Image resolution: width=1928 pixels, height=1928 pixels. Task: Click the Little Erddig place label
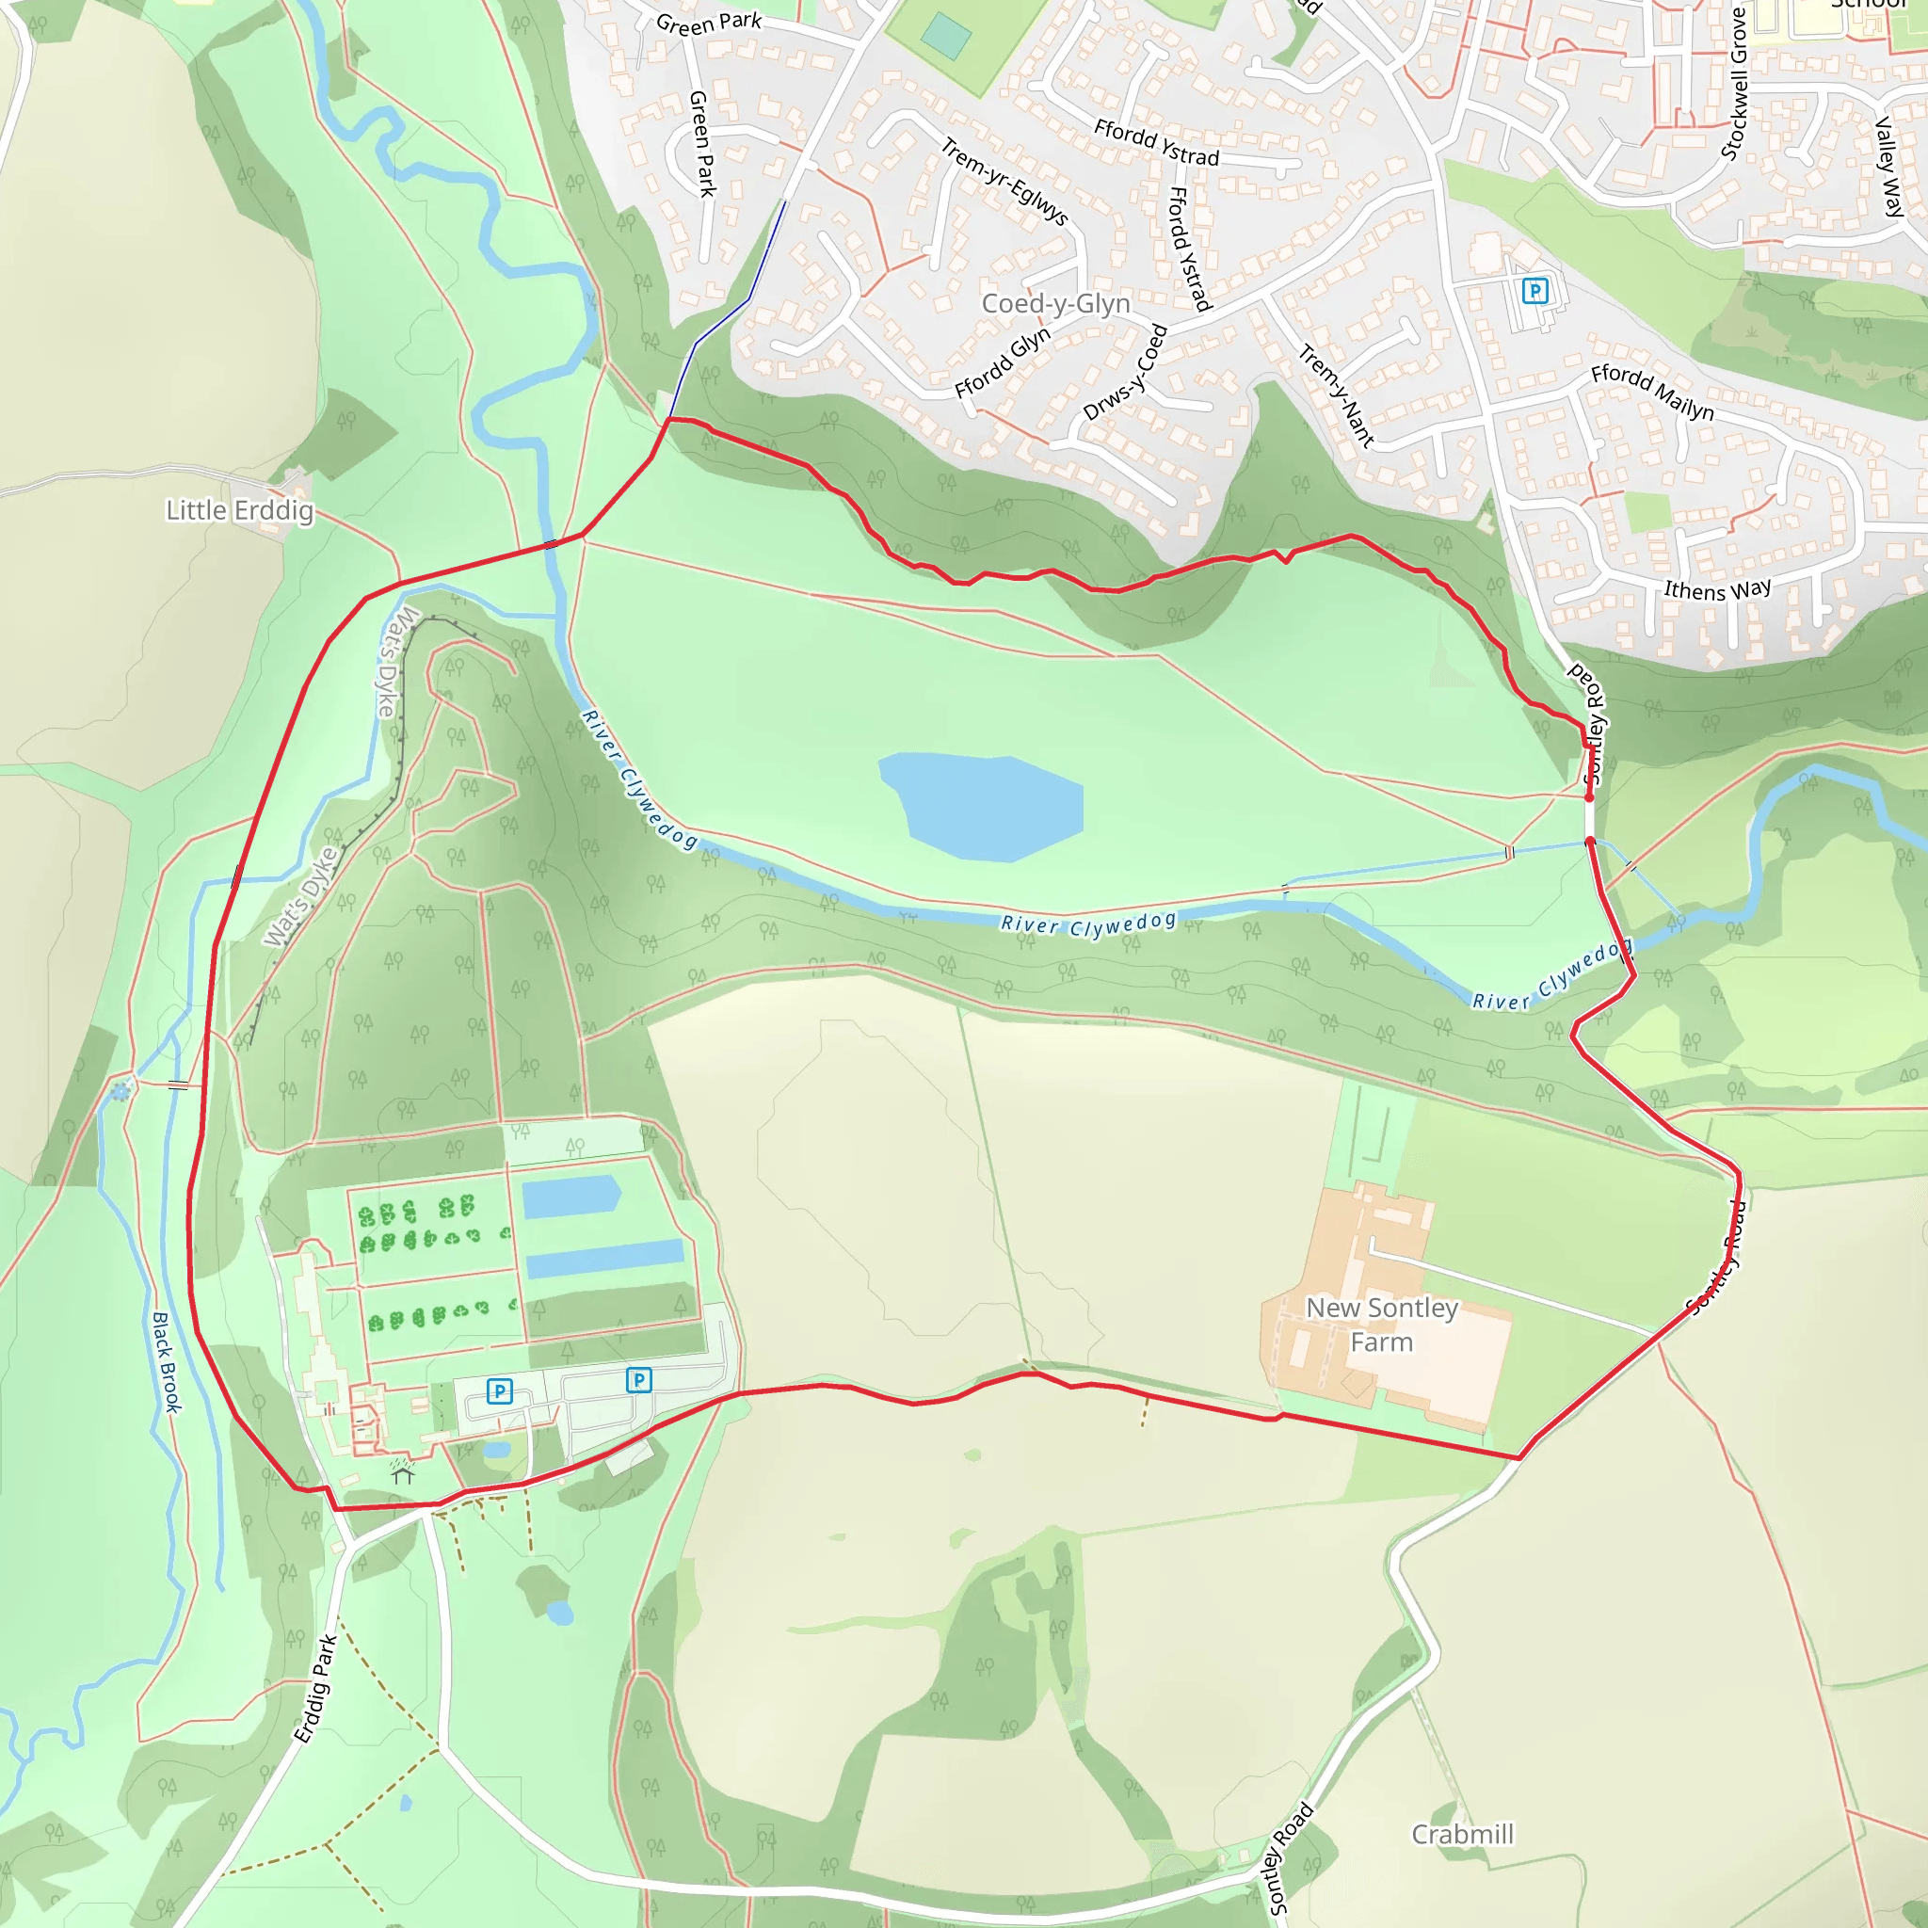click(239, 511)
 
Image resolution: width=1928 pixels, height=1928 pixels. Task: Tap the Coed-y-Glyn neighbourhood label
click(1056, 303)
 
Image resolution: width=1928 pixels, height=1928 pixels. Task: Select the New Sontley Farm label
click(1382, 1325)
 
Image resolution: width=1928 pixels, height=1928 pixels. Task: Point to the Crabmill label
click(1462, 1834)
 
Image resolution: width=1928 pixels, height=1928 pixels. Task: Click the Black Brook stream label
click(167, 1362)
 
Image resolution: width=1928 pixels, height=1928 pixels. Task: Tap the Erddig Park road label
click(315, 1689)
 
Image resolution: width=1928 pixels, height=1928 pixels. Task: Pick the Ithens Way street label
click(1716, 589)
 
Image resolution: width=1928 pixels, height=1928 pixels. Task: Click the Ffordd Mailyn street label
click(1651, 392)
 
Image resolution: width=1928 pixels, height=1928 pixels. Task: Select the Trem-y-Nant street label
click(1336, 395)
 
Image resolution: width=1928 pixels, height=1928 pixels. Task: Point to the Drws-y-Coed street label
click(1125, 372)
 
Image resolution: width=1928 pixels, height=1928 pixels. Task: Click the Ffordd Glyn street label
click(1002, 361)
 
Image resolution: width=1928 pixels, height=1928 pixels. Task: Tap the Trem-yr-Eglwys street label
click(1004, 182)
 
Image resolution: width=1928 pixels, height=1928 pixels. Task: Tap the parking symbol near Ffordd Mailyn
click(1534, 290)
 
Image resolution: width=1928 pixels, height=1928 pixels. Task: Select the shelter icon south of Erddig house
click(402, 1471)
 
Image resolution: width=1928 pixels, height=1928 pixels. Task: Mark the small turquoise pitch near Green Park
click(945, 37)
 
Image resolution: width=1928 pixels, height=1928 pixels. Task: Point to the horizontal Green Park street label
click(709, 23)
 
